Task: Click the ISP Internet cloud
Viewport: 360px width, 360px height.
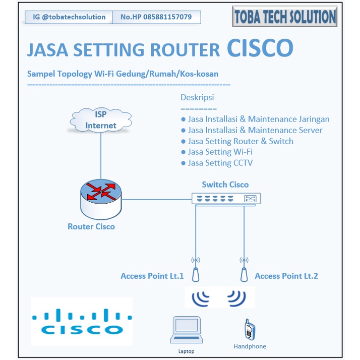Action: click(101, 120)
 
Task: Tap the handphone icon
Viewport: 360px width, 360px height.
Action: click(249, 329)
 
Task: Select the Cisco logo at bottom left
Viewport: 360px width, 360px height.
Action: click(82, 321)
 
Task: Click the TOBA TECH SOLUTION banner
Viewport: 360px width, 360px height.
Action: click(284, 17)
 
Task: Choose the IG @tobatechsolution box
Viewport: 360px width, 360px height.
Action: click(69, 17)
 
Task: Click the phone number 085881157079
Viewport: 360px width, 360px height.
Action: click(156, 17)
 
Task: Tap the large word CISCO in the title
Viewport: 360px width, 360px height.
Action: click(260, 48)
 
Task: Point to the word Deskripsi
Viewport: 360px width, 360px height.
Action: click(197, 97)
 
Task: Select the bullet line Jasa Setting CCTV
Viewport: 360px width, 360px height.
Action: click(220, 163)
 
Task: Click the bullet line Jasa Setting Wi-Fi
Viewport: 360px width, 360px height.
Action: click(220, 152)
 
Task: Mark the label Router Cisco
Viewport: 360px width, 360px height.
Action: click(91, 227)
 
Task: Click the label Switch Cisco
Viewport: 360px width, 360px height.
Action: click(225, 185)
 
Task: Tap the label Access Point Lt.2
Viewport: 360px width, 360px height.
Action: click(286, 276)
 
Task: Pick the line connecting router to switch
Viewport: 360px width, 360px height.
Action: click(156, 198)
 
